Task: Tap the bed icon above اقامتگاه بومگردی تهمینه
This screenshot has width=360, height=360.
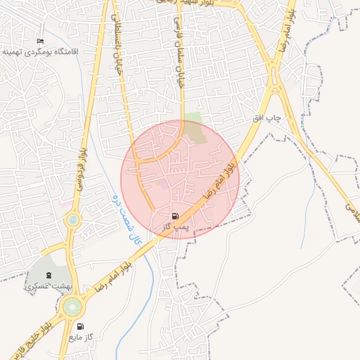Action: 39,41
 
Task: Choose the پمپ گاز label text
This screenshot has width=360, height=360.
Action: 172,228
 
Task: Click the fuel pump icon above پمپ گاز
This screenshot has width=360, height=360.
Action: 174,216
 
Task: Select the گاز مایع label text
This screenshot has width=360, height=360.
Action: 81,338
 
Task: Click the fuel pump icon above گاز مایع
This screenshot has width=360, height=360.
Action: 80,327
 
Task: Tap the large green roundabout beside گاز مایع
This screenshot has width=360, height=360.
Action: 72,307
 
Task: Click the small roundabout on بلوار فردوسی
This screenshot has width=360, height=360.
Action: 73,221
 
